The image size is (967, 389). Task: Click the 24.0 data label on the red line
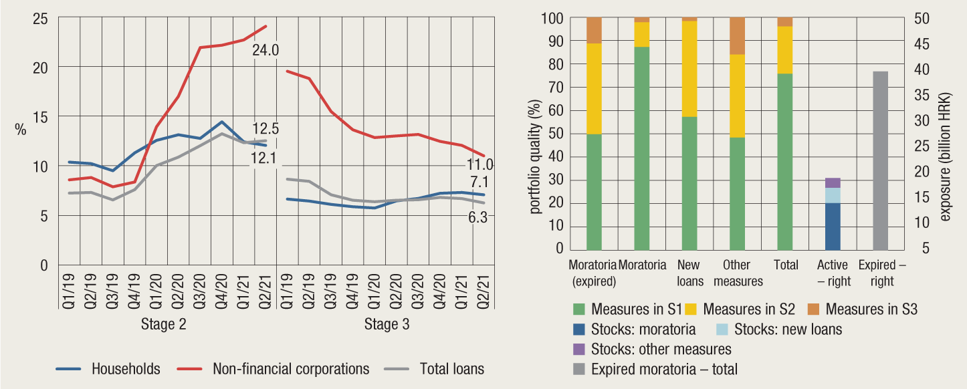265,49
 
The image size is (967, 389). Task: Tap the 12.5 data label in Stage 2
265,128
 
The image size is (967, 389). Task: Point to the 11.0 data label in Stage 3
479,165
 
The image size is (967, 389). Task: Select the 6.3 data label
479,217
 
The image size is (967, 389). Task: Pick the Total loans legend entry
451,368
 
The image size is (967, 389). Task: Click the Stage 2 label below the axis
163,325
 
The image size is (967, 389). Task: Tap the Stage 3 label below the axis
387,325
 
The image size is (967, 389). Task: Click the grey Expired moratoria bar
881,160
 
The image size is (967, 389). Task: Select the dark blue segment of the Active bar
833,226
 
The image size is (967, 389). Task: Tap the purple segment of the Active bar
833,182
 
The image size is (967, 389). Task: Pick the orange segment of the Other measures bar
738,36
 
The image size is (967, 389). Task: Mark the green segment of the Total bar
785,161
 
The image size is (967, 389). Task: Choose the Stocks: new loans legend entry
788,329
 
